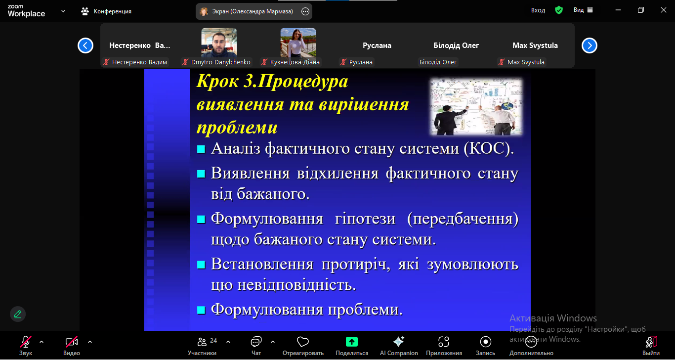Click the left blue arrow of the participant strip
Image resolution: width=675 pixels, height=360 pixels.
tap(85, 45)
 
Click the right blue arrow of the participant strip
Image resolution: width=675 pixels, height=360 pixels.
tap(589, 45)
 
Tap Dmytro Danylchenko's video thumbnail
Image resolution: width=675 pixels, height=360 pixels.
tap(219, 43)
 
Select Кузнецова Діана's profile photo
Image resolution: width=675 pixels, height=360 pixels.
tap(298, 43)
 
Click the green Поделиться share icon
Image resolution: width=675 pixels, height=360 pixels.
tap(352, 342)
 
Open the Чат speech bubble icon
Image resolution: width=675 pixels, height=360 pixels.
tap(256, 342)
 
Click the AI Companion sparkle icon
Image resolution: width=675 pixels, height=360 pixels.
tap(399, 342)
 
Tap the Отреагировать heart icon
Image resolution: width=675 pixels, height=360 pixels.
tap(303, 342)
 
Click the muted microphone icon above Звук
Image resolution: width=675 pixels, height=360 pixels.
tap(26, 342)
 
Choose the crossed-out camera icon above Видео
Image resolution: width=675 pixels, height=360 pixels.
tap(72, 342)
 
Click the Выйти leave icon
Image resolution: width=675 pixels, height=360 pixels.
tap(651, 342)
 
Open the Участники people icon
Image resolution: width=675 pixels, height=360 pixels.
tap(202, 342)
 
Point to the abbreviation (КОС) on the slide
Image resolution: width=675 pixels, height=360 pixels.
tap(489, 149)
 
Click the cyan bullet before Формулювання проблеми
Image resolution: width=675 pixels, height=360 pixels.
tap(201, 310)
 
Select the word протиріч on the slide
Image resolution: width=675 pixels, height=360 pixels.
tap(356, 265)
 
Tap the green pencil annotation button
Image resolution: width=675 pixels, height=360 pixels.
tap(18, 314)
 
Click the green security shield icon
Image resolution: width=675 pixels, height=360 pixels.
tap(559, 10)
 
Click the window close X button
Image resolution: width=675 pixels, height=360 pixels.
tap(664, 10)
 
